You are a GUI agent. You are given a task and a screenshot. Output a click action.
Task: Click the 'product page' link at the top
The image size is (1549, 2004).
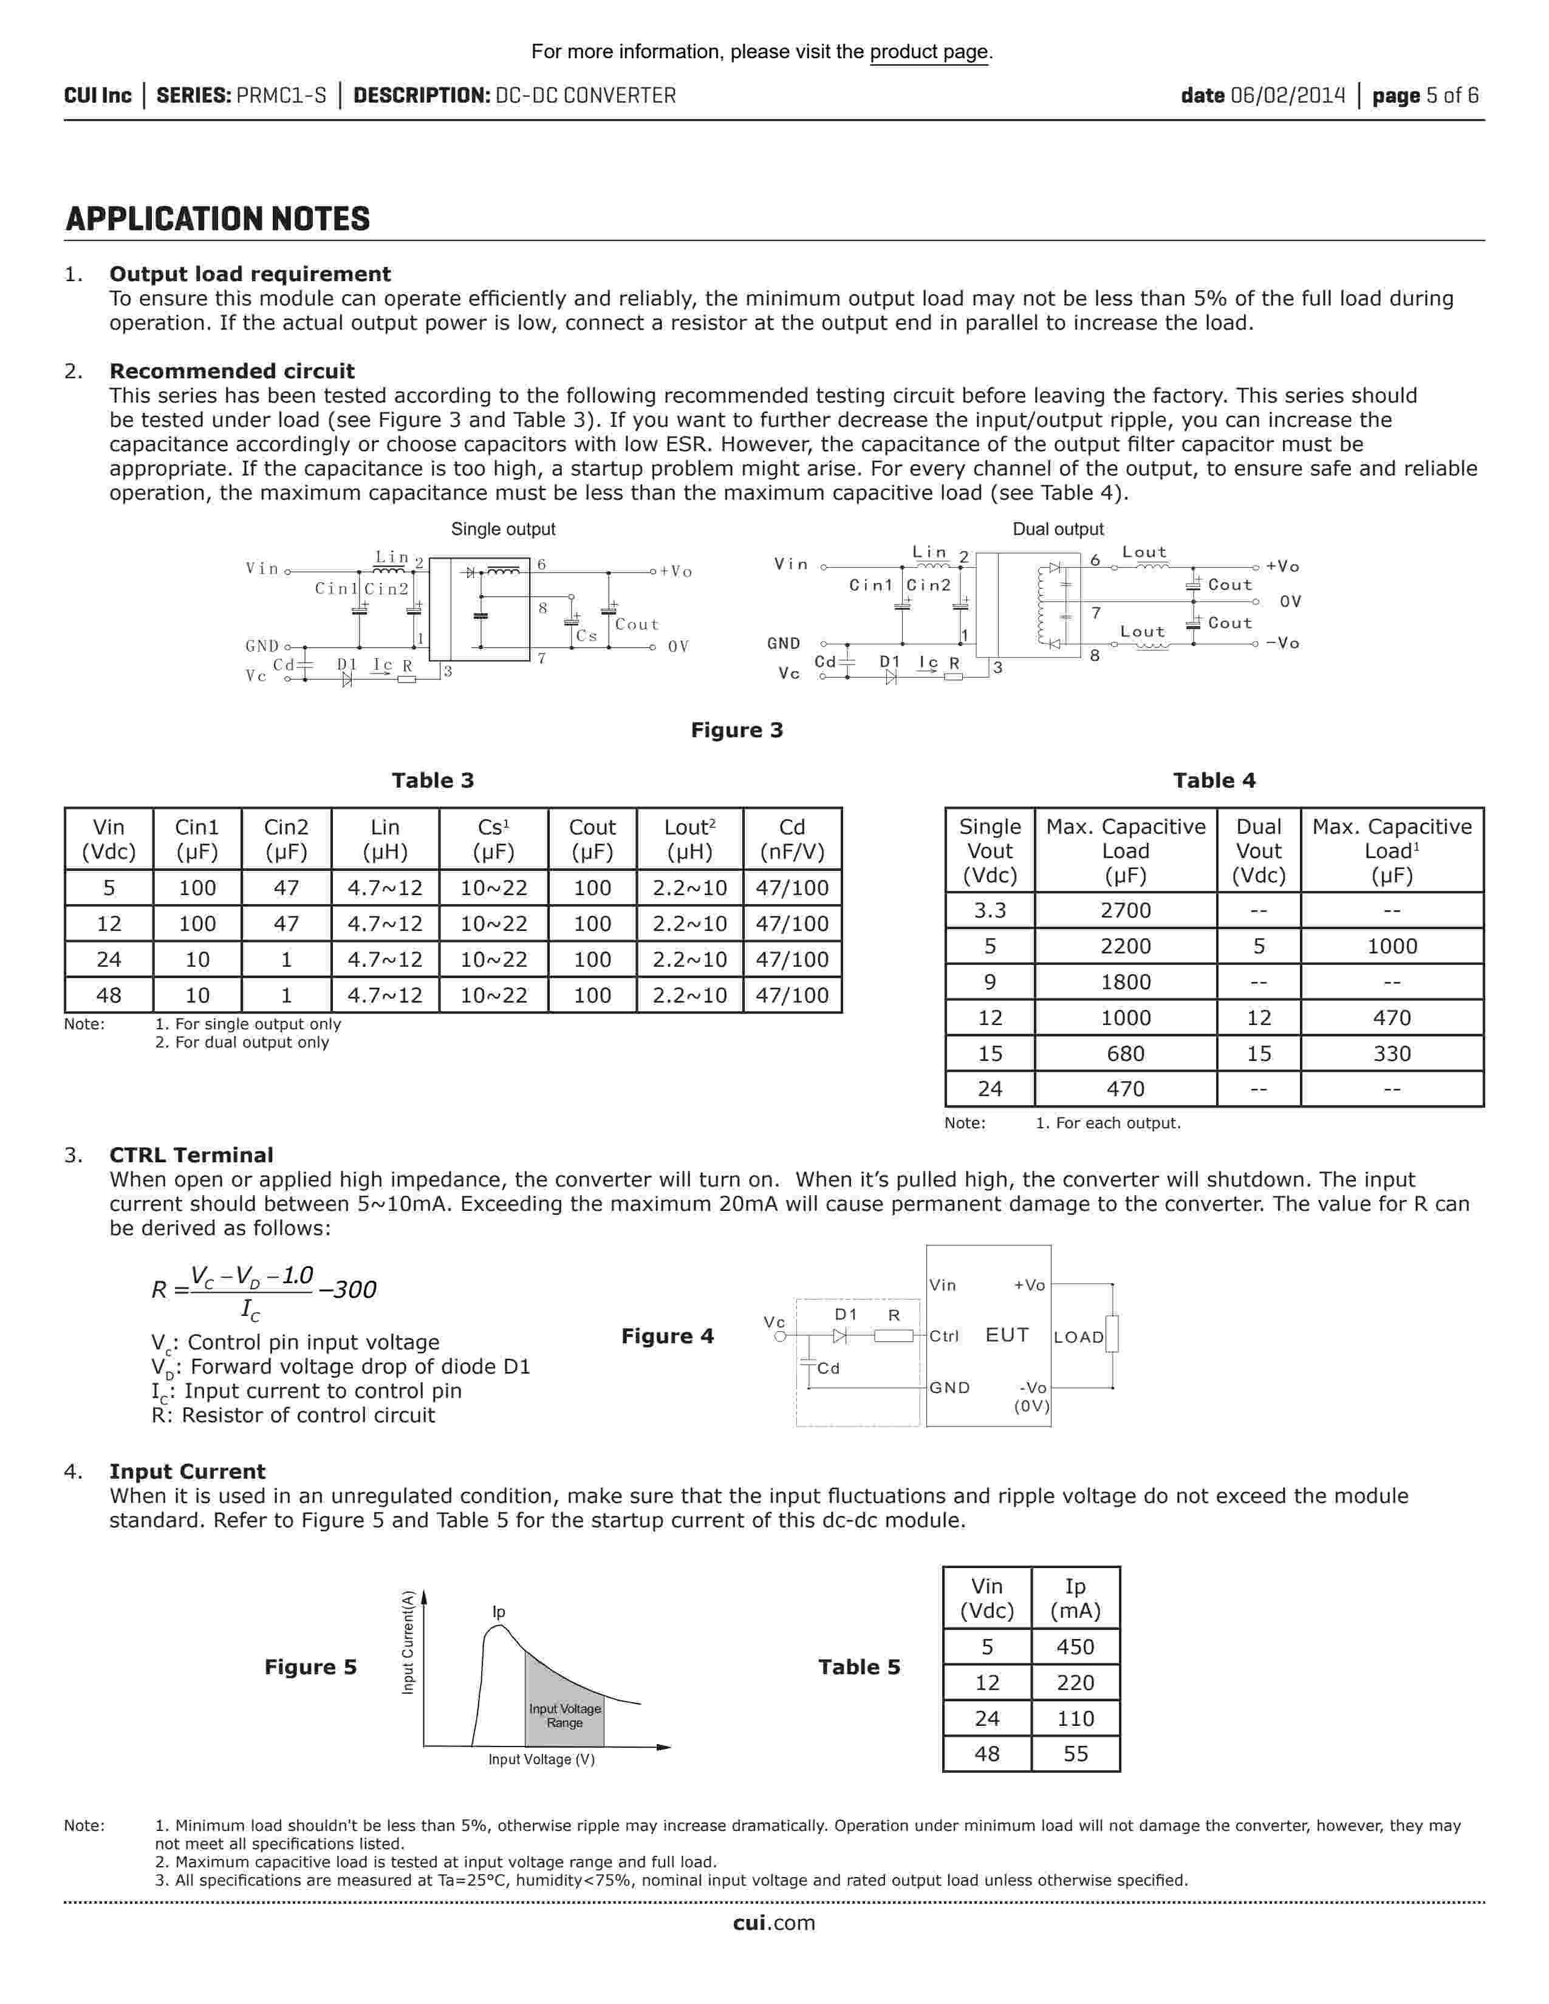929,52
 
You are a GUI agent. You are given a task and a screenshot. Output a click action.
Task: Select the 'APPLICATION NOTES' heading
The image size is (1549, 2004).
217,219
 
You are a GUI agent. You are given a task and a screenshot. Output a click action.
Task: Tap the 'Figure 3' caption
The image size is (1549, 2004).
737,731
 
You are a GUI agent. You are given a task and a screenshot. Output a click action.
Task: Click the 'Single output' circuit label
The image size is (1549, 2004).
503,530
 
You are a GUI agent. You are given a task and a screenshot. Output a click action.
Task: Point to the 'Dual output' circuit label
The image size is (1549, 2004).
1057,530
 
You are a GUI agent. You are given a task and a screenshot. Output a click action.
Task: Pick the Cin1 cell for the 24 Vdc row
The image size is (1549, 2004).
197,959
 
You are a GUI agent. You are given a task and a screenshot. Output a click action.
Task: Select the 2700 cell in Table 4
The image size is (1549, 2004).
1125,910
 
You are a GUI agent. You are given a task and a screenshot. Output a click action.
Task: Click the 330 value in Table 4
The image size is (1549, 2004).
1391,1054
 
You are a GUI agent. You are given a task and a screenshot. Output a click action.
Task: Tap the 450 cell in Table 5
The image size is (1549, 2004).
1075,1647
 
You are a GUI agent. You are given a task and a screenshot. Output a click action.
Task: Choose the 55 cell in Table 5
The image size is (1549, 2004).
1075,1754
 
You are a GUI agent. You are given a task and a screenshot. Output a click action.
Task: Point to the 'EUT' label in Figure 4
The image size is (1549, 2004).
1007,1335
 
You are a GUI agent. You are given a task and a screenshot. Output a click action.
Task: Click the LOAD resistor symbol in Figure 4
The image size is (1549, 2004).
1112,1334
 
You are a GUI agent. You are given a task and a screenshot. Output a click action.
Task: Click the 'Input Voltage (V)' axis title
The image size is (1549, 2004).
541,1759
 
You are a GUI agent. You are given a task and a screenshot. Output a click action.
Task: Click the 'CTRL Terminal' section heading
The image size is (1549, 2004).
191,1155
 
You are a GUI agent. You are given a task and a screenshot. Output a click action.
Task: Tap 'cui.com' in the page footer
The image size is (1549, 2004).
773,1923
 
